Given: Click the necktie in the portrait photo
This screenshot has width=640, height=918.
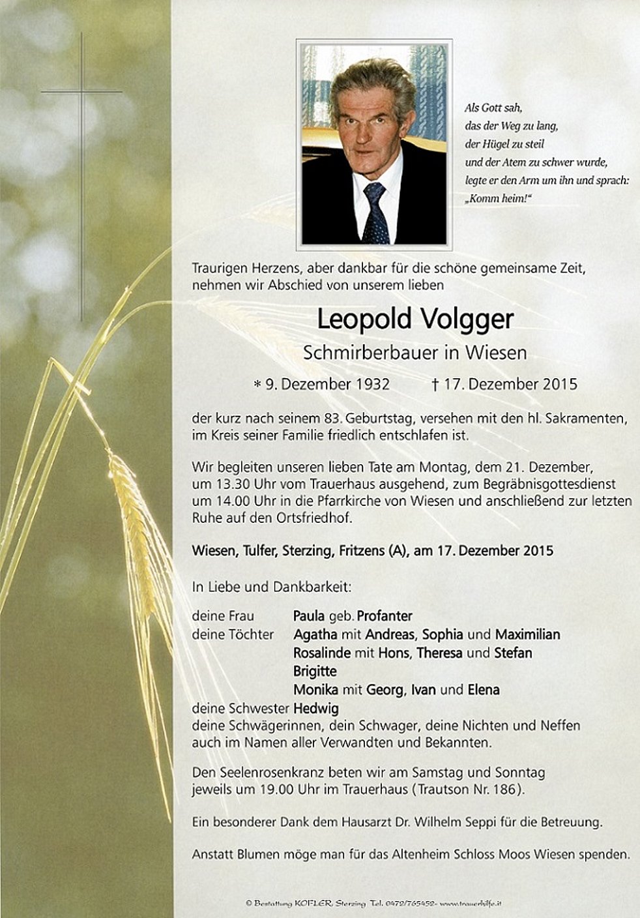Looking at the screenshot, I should click(x=375, y=213).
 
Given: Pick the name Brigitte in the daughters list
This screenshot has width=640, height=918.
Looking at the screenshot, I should click(x=315, y=671).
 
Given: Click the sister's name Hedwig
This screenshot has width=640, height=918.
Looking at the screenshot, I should click(x=316, y=708).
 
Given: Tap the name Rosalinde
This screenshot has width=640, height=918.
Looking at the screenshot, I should click(x=322, y=653).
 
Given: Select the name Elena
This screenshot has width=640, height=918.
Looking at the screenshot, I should click(x=484, y=689).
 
